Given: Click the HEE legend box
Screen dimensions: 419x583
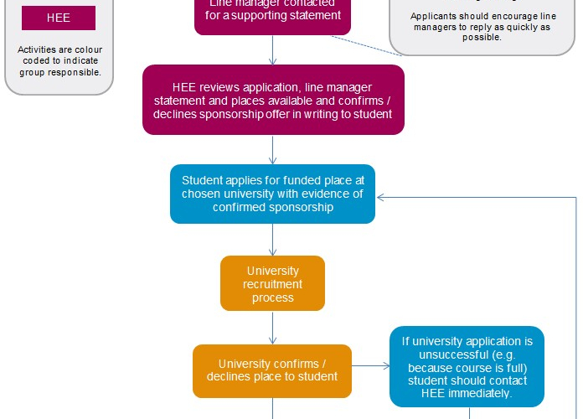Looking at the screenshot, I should (x=59, y=18).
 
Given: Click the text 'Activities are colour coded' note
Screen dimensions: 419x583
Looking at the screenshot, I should (x=59, y=61).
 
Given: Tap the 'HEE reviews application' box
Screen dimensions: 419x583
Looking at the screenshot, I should (x=273, y=100).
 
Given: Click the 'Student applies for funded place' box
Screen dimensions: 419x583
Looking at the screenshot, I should (x=272, y=194).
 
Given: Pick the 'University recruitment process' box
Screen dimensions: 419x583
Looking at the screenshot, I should (x=272, y=283).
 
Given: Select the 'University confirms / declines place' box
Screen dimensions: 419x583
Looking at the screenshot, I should (x=272, y=370).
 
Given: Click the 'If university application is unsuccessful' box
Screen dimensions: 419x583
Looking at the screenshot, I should (x=467, y=367).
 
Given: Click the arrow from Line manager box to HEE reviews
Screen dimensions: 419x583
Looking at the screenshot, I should (x=273, y=50).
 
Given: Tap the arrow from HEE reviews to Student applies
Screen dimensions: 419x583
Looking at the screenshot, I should (x=273, y=149).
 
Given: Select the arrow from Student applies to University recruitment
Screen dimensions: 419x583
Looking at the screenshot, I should (x=273, y=240).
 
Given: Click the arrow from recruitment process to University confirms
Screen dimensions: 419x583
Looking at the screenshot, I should (x=273, y=328).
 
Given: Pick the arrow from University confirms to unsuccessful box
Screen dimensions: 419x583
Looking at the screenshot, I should (x=370, y=366).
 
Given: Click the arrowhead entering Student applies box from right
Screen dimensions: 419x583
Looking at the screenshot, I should (x=381, y=198).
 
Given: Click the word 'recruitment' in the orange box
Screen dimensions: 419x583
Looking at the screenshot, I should (x=272, y=284).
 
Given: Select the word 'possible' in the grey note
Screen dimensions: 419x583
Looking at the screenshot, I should (x=481, y=38).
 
